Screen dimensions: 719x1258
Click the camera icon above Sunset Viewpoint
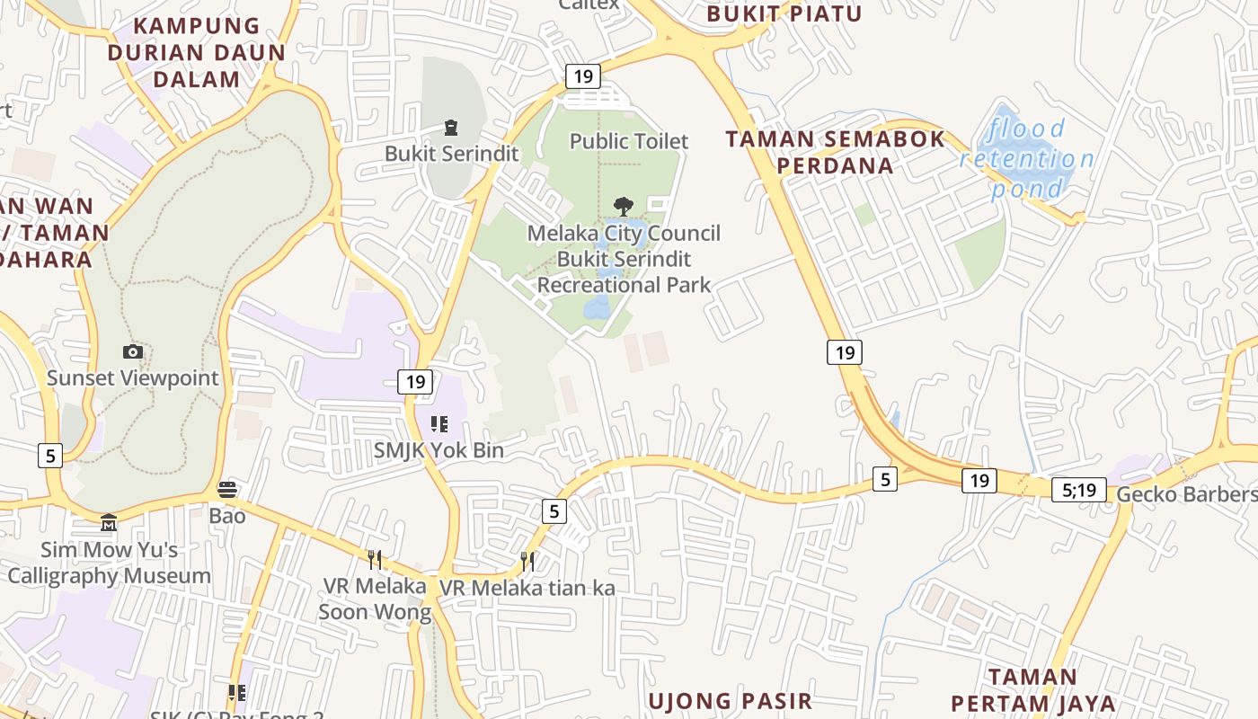pos(133,351)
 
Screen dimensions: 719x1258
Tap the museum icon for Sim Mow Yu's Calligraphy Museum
pos(109,522)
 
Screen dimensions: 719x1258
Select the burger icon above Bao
pos(227,490)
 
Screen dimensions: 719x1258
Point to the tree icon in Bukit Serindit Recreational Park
pos(623,207)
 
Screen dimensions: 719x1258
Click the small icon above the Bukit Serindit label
pos(451,129)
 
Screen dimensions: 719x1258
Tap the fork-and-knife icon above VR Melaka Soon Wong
pos(375,559)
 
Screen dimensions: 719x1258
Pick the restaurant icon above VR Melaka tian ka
pos(527,562)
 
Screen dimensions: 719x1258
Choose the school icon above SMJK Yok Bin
pos(439,424)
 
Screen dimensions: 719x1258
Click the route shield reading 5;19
pos(1078,490)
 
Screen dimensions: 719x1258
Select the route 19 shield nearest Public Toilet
pos(582,76)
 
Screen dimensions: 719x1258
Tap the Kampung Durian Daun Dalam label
pos(197,52)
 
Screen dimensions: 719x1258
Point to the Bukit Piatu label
pos(784,13)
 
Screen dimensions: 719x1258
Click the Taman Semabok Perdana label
pos(835,152)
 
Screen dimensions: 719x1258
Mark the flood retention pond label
pos(1027,159)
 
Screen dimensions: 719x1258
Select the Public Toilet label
pos(629,141)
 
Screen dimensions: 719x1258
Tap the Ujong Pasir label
pos(730,700)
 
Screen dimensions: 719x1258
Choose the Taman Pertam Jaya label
pos(1032,689)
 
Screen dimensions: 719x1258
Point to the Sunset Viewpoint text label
pos(132,377)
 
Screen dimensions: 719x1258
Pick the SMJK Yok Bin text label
pos(439,450)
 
